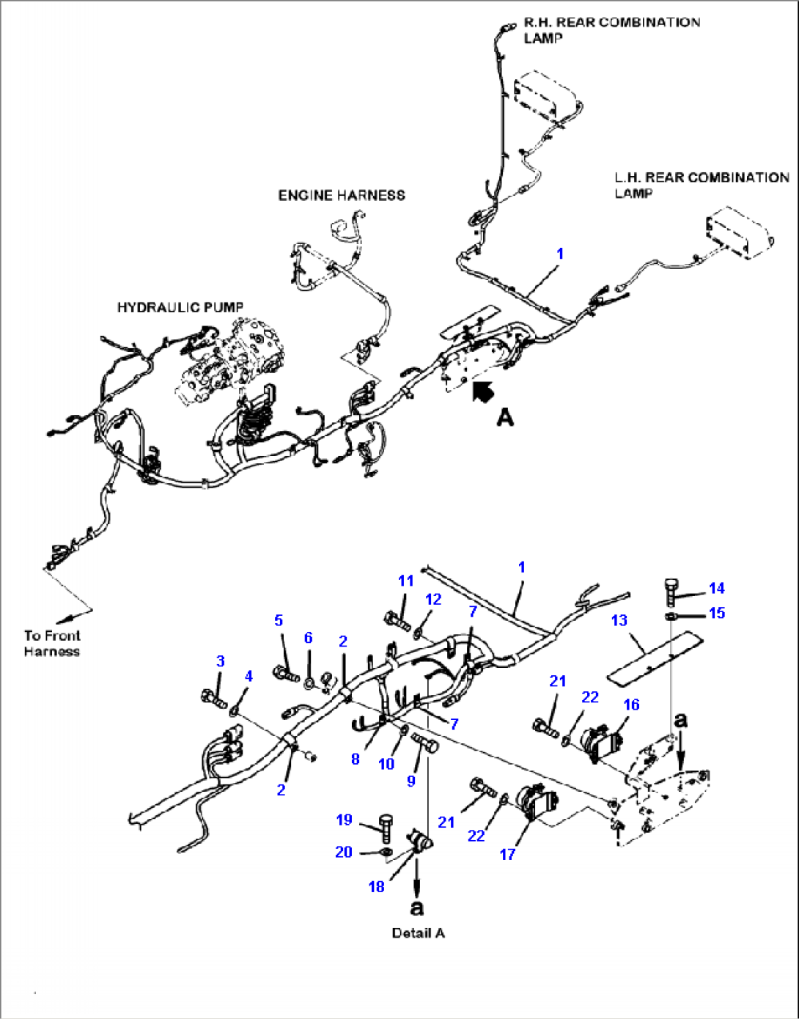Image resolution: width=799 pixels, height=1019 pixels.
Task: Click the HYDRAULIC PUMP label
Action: (180, 307)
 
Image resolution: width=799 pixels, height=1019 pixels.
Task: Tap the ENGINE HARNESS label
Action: (342, 195)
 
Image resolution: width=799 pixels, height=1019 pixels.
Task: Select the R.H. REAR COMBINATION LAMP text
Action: (611, 30)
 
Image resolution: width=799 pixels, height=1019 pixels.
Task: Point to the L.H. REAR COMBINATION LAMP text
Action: (702, 185)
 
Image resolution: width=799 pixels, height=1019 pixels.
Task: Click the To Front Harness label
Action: (51, 644)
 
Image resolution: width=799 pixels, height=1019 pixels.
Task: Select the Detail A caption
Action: (418, 933)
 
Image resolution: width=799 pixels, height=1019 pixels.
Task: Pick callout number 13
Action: (619, 620)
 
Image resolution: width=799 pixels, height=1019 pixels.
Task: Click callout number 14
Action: (716, 588)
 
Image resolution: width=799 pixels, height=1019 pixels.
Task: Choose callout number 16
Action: (631, 705)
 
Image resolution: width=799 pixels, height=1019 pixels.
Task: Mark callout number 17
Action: (507, 854)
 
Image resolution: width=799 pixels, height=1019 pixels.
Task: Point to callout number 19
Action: (344, 820)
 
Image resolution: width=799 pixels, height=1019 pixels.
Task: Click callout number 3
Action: (220, 661)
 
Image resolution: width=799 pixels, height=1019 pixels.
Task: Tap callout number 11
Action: (405, 581)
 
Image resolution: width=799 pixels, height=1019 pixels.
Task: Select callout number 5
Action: (278, 621)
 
